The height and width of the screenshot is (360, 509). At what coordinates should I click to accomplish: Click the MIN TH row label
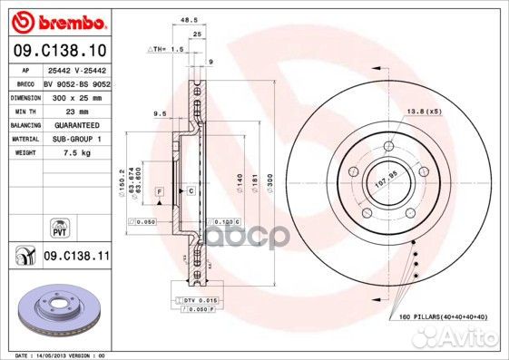tap(23, 109)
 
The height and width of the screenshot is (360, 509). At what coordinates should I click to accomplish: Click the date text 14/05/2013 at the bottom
tap(64, 355)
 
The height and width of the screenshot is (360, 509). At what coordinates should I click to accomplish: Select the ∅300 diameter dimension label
tap(269, 185)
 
